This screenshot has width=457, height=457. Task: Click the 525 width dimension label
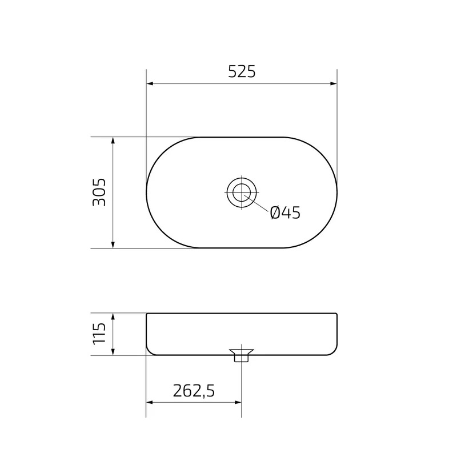coord(242,72)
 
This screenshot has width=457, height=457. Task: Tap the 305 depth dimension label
coord(99,193)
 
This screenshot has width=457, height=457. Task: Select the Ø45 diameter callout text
coord(285,213)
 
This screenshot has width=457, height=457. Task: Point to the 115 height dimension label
coord(99,334)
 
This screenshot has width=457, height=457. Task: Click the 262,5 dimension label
coord(194,391)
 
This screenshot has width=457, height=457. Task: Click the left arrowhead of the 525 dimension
coord(150,83)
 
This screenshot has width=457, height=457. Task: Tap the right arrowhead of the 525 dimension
coord(334,83)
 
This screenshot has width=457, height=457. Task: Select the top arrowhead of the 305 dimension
coord(113,141)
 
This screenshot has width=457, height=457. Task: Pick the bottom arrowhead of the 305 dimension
coord(113,244)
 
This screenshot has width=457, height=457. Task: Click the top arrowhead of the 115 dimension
coord(113,317)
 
